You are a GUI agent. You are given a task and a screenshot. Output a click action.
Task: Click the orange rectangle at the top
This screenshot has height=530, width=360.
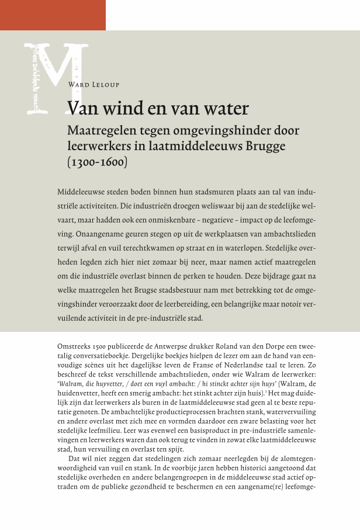pos(53,15)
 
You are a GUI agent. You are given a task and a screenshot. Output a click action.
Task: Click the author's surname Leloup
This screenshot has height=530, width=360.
pos(105,85)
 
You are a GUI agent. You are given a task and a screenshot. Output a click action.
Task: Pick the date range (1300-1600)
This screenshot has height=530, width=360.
pos(98,162)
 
